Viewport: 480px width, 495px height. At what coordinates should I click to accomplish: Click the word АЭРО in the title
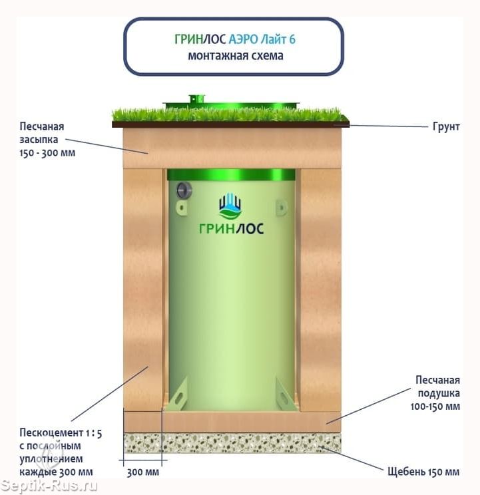coord(243,39)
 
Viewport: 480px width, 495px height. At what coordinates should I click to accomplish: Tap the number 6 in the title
coord(292,39)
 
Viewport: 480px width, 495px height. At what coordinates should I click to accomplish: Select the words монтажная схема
coord(236,56)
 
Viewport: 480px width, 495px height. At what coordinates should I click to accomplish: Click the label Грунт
coord(446,126)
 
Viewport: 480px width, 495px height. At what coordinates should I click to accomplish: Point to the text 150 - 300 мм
coord(47,153)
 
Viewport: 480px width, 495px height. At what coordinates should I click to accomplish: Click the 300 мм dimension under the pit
coord(143,472)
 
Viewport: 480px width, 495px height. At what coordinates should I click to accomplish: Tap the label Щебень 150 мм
coord(423,472)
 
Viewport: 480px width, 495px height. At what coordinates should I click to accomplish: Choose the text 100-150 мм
coord(435,407)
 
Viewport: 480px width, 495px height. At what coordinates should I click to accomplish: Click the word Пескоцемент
coord(51,432)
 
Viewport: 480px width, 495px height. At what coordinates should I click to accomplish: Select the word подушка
coord(439,393)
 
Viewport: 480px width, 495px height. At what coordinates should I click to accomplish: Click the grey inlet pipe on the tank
coord(184,190)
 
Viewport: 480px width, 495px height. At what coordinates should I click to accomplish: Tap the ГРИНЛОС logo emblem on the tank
coord(230,206)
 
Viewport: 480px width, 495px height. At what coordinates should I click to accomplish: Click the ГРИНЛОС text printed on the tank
coord(231,228)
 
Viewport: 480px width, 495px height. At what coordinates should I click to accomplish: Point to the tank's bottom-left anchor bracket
coord(178,395)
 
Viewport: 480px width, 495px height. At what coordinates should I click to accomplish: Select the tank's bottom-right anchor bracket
coord(285,395)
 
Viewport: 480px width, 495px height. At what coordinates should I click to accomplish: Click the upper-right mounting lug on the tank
coord(282,208)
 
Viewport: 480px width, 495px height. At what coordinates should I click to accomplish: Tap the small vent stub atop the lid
coord(197,99)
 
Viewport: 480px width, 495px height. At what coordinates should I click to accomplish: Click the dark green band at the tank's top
coord(231,174)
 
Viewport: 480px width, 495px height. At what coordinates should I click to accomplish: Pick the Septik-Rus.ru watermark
coord(49,486)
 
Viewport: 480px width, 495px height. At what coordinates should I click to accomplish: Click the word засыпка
coord(39,140)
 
